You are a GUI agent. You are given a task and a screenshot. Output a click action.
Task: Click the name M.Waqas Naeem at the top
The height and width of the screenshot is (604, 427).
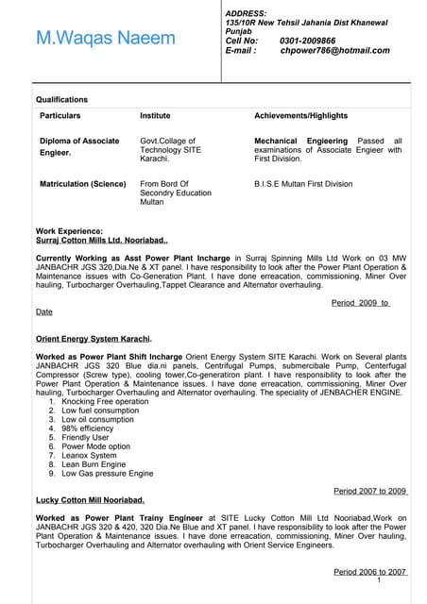point(105,38)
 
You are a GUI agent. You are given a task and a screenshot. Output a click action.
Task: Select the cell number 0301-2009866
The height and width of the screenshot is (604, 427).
point(308,42)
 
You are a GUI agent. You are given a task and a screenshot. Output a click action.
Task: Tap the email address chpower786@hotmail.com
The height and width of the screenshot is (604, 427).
point(334,51)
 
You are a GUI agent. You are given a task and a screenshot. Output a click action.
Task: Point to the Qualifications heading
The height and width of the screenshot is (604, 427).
point(61,99)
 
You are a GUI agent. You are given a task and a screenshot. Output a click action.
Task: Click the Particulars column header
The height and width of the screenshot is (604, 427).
point(60,115)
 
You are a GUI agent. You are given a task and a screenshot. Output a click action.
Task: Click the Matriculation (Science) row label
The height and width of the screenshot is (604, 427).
point(83,184)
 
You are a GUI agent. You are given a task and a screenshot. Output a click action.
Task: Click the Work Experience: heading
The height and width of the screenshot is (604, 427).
point(69,231)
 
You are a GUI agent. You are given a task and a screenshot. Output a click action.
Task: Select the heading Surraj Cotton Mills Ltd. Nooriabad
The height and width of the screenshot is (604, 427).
point(101,241)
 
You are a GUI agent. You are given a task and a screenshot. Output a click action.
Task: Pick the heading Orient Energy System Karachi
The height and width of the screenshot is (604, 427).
point(94,338)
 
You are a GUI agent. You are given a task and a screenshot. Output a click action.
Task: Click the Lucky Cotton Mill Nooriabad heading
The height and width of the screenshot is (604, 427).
point(90,499)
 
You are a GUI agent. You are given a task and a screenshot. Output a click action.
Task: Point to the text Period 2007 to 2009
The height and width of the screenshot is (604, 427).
point(370,491)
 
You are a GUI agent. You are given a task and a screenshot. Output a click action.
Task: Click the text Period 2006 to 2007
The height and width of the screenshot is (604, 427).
point(370,572)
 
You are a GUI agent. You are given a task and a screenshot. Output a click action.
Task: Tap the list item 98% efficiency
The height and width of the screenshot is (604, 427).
point(87,428)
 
